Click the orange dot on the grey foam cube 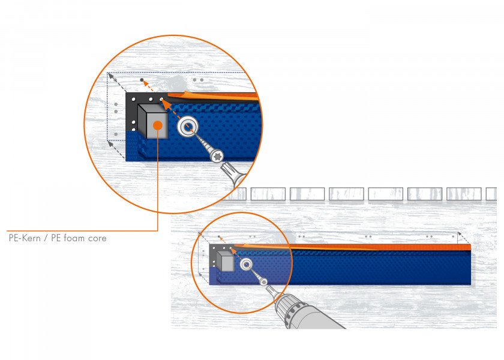tap(157, 125)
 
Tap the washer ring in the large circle tap(188, 126)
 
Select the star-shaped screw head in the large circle tap(217, 157)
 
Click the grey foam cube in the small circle tap(226, 261)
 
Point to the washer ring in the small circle tap(246, 265)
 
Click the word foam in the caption tap(74, 238)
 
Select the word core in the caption tap(97, 239)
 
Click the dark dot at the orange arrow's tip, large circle tap(142, 80)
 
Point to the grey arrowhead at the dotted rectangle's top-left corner tap(110, 76)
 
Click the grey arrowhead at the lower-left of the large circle tap(110, 144)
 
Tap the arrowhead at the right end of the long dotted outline tap(460, 235)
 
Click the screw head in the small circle tap(263, 282)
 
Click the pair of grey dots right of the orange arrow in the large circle tap(198, 80)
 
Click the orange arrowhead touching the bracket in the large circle tap(164, 102)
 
